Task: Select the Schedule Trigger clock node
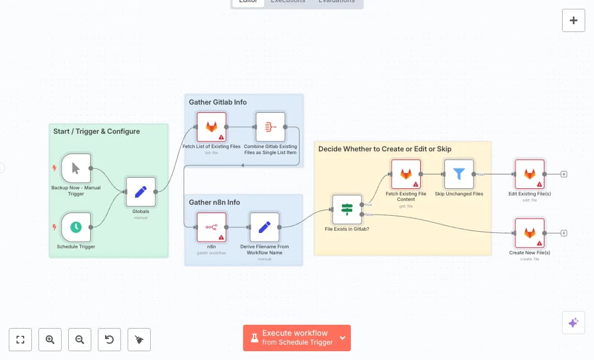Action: (76, 227)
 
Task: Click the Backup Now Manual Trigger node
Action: (76, 168)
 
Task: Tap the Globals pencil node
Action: (141, 192)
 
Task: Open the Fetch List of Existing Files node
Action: (212, 127)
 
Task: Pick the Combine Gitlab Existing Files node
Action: (270, 127)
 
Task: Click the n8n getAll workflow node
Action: (212, 227)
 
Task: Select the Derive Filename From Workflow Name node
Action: (265, 227)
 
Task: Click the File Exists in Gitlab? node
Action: (347, 209)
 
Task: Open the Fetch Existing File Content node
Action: (406, 174)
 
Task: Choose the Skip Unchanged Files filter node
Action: (459, 174)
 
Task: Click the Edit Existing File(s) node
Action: (530, 174)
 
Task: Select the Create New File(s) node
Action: (530, 233)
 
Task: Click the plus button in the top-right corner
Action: (573, 20)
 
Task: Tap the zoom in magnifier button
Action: (50, 340)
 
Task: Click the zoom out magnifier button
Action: (80, 340)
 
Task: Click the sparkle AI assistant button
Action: (573, 323)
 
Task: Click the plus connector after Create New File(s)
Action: (564, 233)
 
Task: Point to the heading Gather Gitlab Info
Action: (218, 102)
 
